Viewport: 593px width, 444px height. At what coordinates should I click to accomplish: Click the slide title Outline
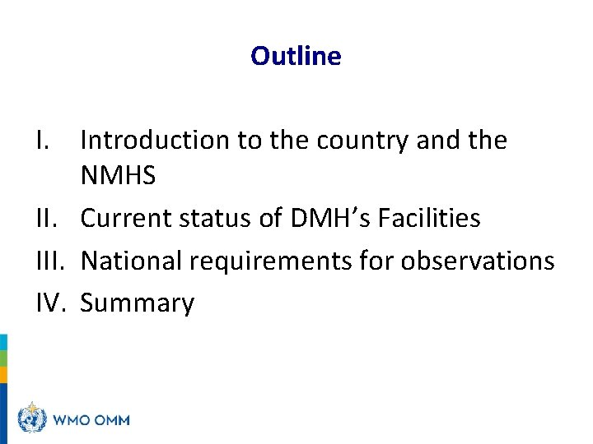(296, 56)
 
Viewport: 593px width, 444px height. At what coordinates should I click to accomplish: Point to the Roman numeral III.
(51, 261)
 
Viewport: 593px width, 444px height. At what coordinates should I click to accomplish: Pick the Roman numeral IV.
(52, 303)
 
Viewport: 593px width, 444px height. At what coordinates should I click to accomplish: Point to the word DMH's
(323, 218)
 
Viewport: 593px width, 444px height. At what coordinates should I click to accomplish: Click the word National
(133, 261)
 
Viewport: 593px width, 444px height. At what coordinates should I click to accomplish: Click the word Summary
(137, 304)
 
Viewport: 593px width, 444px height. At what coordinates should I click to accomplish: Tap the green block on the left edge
(3, 358)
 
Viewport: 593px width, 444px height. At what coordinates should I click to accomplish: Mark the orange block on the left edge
(3, 375)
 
